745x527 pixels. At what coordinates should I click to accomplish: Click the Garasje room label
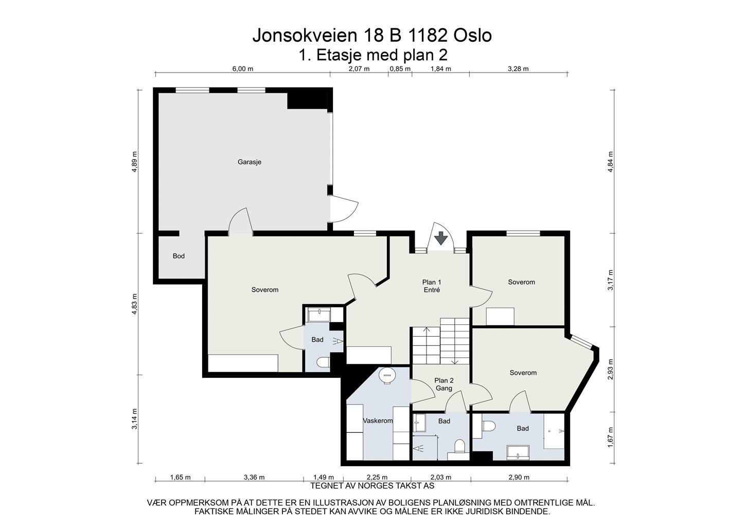coord(250,162)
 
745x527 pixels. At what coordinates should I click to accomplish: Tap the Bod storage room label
coord(179,256)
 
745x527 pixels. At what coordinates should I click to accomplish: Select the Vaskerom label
coord(378,421)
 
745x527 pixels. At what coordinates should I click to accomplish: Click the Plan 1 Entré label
coord(432,286)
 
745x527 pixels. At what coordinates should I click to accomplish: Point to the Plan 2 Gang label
coord(444,384)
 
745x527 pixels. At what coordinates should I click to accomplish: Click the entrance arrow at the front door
coord(440,239)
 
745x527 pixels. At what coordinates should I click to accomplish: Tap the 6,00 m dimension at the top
coord(243,69)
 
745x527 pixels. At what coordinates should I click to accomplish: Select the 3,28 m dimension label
coord(518,69)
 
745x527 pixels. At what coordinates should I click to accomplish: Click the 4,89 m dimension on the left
coord(135,162)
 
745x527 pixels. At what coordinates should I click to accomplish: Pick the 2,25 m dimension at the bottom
coord(377,478)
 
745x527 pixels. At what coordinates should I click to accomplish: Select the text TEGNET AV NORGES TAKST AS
coord(372,485)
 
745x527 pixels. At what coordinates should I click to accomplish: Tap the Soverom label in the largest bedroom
coord(265,290)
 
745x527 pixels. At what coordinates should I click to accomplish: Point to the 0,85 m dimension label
coord(400,69)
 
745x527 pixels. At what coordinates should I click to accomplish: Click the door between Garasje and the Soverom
coord(240,222)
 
